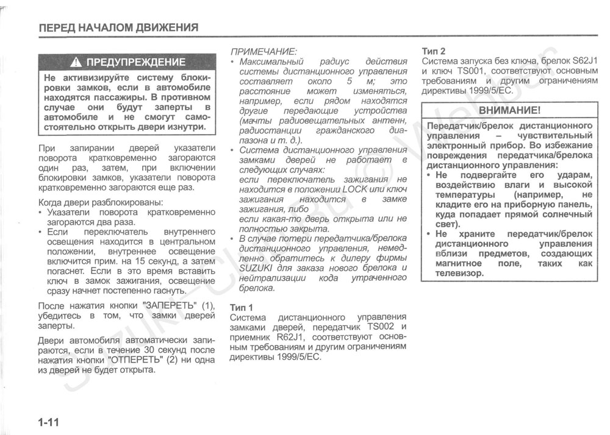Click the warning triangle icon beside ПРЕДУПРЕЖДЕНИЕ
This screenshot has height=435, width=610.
point(76,62)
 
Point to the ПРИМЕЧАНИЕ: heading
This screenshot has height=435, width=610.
point(263,51)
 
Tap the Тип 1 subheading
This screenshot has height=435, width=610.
point(241,306)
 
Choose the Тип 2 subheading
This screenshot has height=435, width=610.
point(434,51)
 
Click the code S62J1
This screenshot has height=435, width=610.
point(584,61)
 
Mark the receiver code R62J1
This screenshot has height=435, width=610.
point(292,337)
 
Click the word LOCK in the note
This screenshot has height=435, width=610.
point(354,189)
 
